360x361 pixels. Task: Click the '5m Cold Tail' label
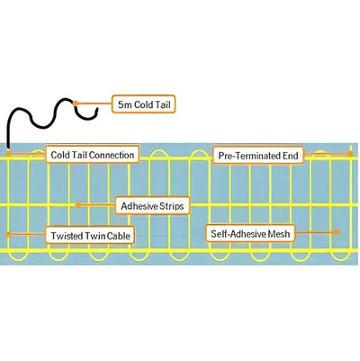click(x=143, y=104)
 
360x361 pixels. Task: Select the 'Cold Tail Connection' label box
click(x=93, y=155)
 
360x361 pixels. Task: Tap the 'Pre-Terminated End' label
click(x=258, y=155)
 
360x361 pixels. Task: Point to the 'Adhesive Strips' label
click(x=152, y=206)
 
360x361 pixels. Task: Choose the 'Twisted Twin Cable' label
click(x=91, y=234)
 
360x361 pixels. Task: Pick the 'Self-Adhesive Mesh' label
click(x=251, y=233)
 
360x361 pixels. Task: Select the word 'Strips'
click(x=170, y=206)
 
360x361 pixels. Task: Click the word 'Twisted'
click(x=67, y=234)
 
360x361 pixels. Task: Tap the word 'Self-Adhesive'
click(x=238, y=233)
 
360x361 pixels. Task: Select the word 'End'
click(x=289, y=155)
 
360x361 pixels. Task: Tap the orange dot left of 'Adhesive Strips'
click(x=78, y=205)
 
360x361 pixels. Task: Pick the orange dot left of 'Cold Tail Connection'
click(x=26, y=154)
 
